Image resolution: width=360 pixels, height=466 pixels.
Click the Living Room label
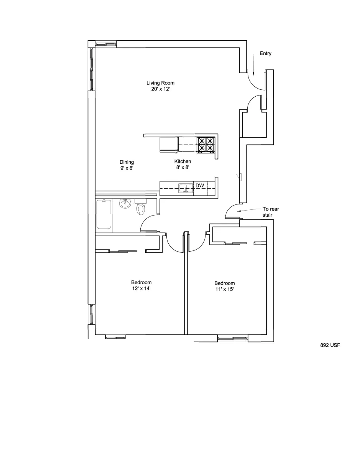click(x=160, y=83)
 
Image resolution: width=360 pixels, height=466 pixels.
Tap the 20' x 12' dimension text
click(x=161, y=89)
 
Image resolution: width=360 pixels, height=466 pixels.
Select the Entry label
click(x=266, y=53)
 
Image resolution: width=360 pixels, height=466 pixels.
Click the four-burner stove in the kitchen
click(x=206, y=145)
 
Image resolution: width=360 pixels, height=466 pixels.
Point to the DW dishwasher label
click(x=200, y=186)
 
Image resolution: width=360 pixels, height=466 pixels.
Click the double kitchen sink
click(x=186, y=188)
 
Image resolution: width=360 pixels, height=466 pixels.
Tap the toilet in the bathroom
click(x=141, y=207)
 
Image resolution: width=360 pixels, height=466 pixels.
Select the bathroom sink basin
click(x=125, y=204)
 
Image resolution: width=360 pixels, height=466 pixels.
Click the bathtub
click(x=104, y=214)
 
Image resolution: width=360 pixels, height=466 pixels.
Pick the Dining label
click(x=127, y=162)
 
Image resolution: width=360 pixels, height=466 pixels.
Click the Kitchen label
click(x=182, y=161)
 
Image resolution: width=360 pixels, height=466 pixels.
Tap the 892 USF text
click(x=330, y=345)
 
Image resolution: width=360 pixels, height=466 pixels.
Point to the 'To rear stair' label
click(x=271, y=212)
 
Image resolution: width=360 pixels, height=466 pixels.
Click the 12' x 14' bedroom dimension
click(x=141, y=288)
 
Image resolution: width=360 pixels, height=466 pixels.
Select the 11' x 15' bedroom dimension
click(x=225, y=289)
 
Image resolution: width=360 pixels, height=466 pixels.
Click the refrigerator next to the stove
click(x=169, y=145)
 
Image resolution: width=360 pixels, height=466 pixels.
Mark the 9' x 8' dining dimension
click(x=127, y=168)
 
